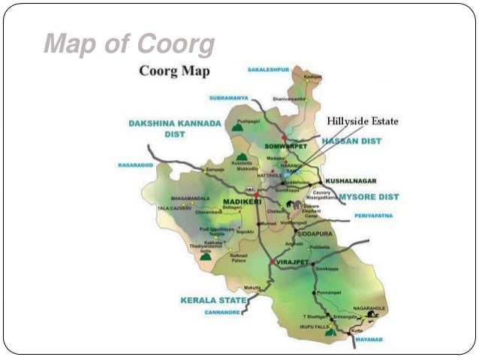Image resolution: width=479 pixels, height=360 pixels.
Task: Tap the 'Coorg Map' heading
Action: (x=174, y=71)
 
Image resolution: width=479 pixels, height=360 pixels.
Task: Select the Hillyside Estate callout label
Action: (x=362, y=121)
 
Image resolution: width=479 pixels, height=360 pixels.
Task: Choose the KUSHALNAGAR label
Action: (x=350, y=180)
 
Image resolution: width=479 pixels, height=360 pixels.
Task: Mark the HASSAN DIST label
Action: (x=351, y=141)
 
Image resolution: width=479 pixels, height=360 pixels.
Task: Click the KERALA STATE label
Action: (x=213, y=300)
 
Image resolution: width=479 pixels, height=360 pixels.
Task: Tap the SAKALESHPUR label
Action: (x=268, y=69)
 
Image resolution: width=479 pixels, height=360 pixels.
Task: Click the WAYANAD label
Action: (x=368, y=340)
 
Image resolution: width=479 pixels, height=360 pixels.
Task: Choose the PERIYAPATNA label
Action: (x=372, y=217)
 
